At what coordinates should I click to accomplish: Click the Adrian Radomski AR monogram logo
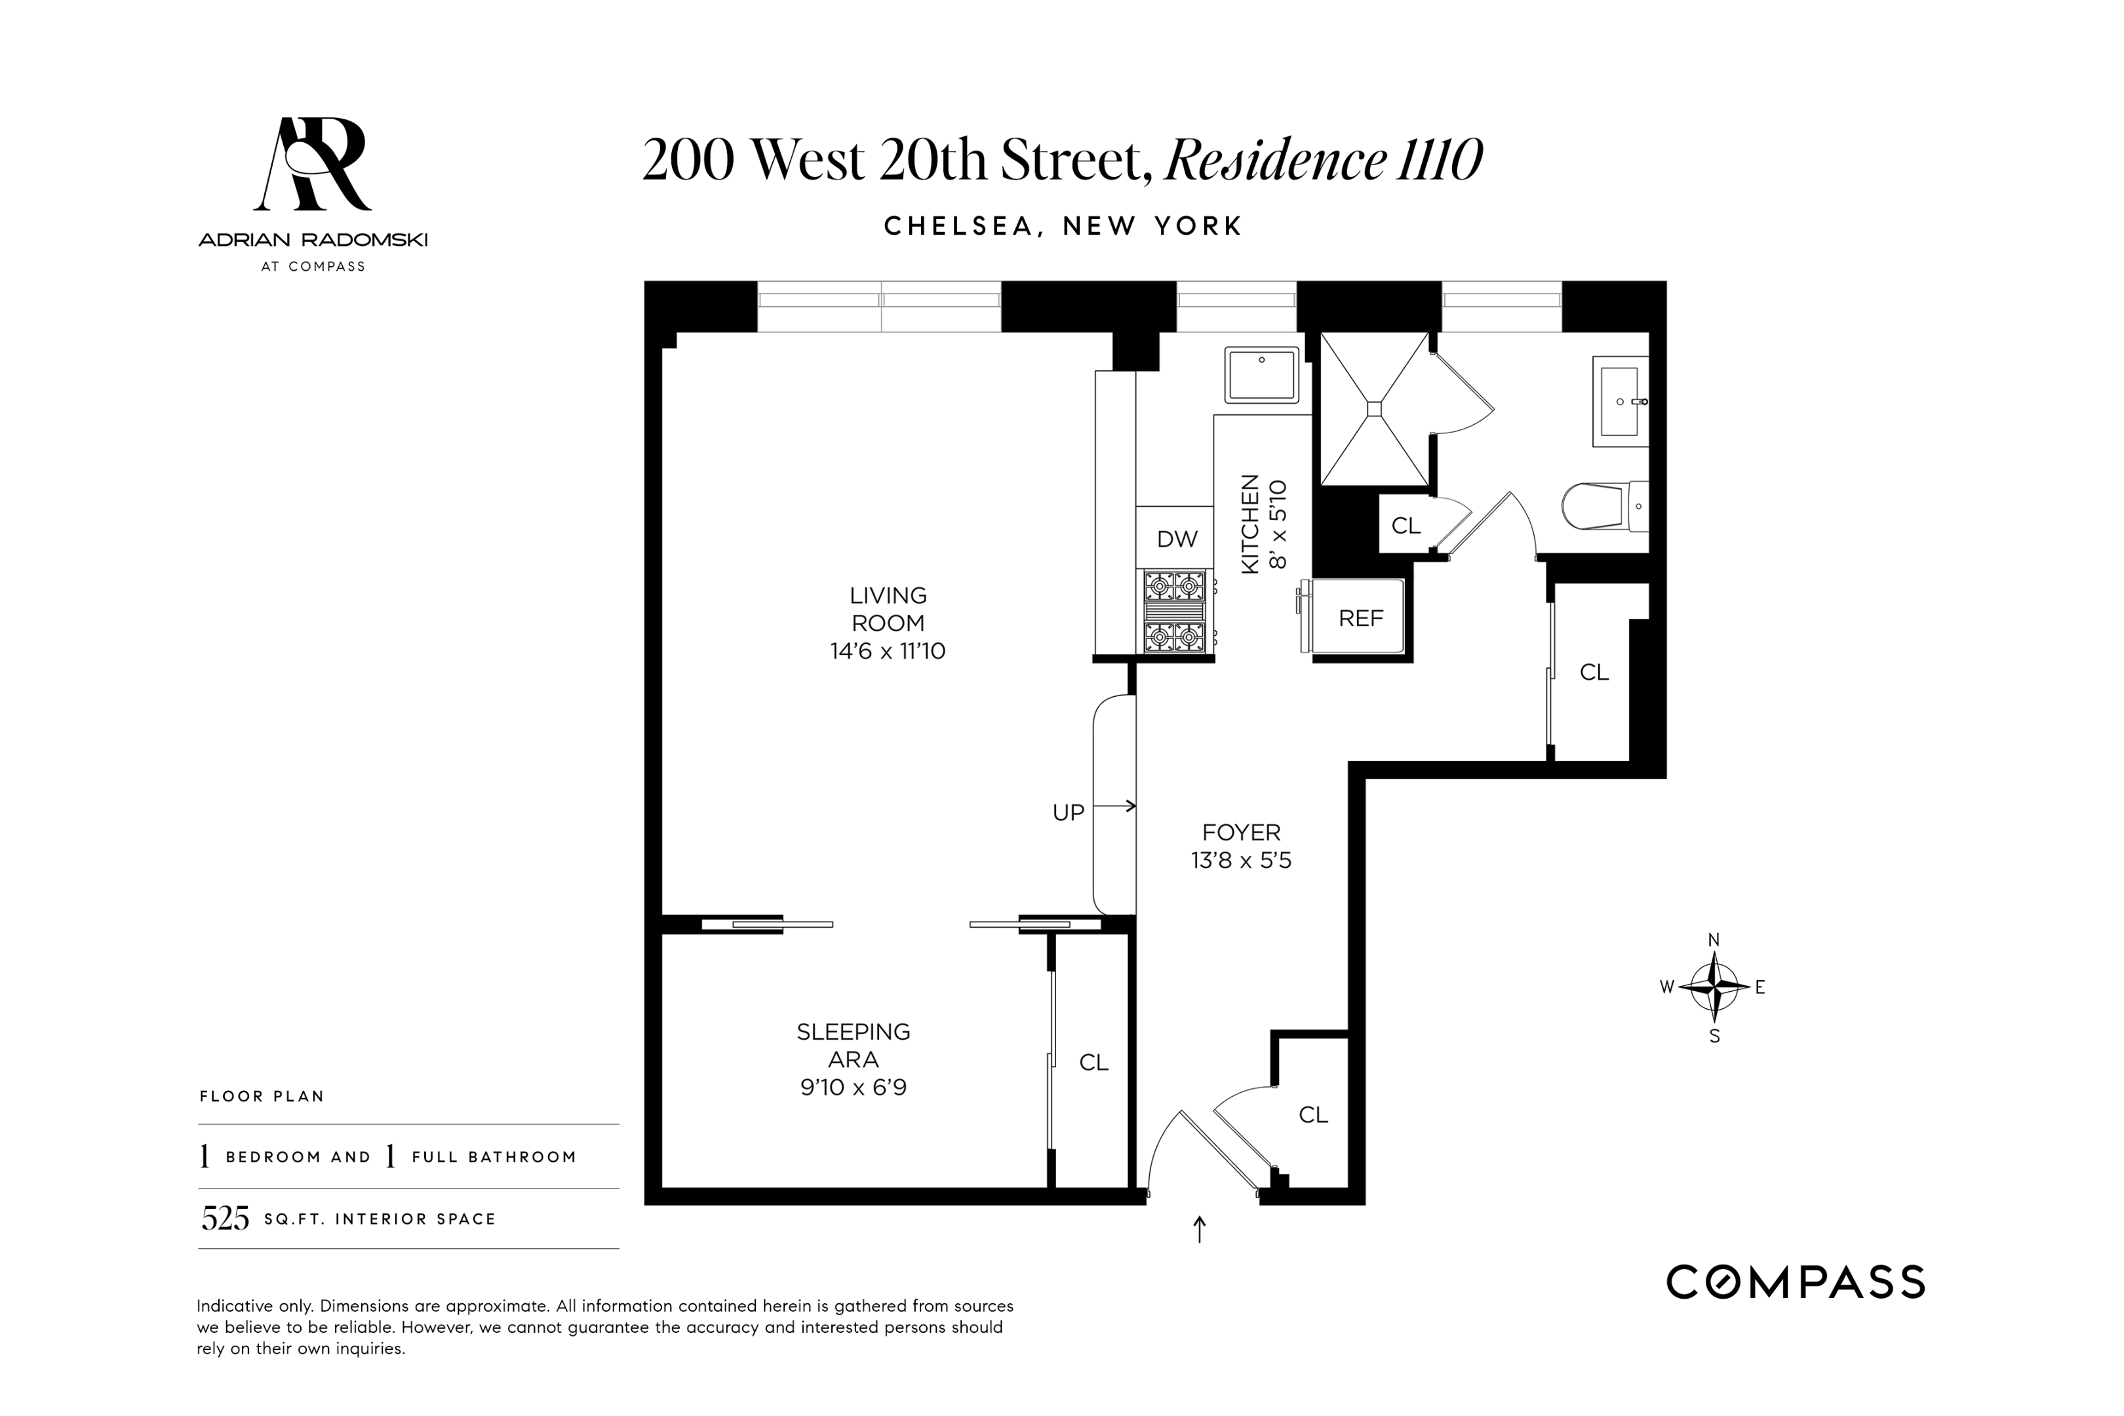click(313, 165)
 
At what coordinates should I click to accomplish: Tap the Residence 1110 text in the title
click(1323, 160)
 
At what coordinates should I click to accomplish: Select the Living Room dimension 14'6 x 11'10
click(887, 651)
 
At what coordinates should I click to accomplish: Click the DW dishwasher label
click(1177, 539)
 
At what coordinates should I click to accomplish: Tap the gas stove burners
click(1174, 612)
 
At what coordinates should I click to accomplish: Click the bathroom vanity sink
click(1619, 402)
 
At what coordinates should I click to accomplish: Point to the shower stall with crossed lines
click(1373, 409)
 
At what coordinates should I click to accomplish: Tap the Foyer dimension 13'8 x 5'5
click(1241, 861)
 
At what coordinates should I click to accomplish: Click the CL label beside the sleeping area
click(1093, 1063)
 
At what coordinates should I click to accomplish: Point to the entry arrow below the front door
click(1199, 1229)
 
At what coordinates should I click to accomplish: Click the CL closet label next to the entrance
click(1312, 1115)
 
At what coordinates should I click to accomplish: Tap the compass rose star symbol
click(1713, 987)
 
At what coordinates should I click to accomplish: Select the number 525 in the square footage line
click(225, 1219)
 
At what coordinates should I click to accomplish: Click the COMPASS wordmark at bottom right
click(1794, 1282)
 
